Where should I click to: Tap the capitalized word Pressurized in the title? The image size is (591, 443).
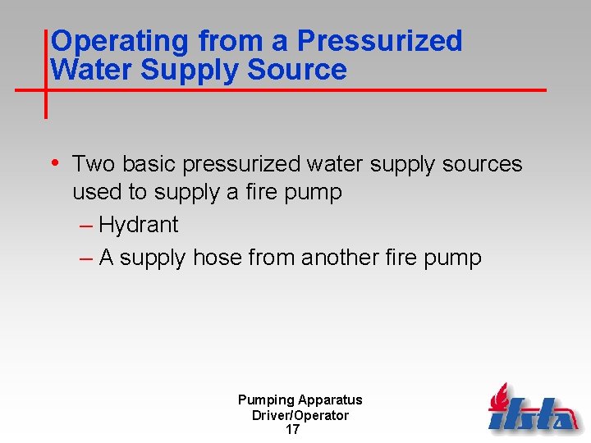click(x=380, y=41)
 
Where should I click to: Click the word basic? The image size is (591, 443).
click(x=149, y=164)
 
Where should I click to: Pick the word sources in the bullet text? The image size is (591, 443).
click(x=482, y=164)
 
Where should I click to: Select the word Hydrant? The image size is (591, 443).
click(x=138, y=225)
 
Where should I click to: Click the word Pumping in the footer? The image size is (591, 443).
click(x=266, y=400)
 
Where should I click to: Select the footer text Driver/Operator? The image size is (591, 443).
click(x=300, y=415)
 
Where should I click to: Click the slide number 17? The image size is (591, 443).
click(x=292, y=430)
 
